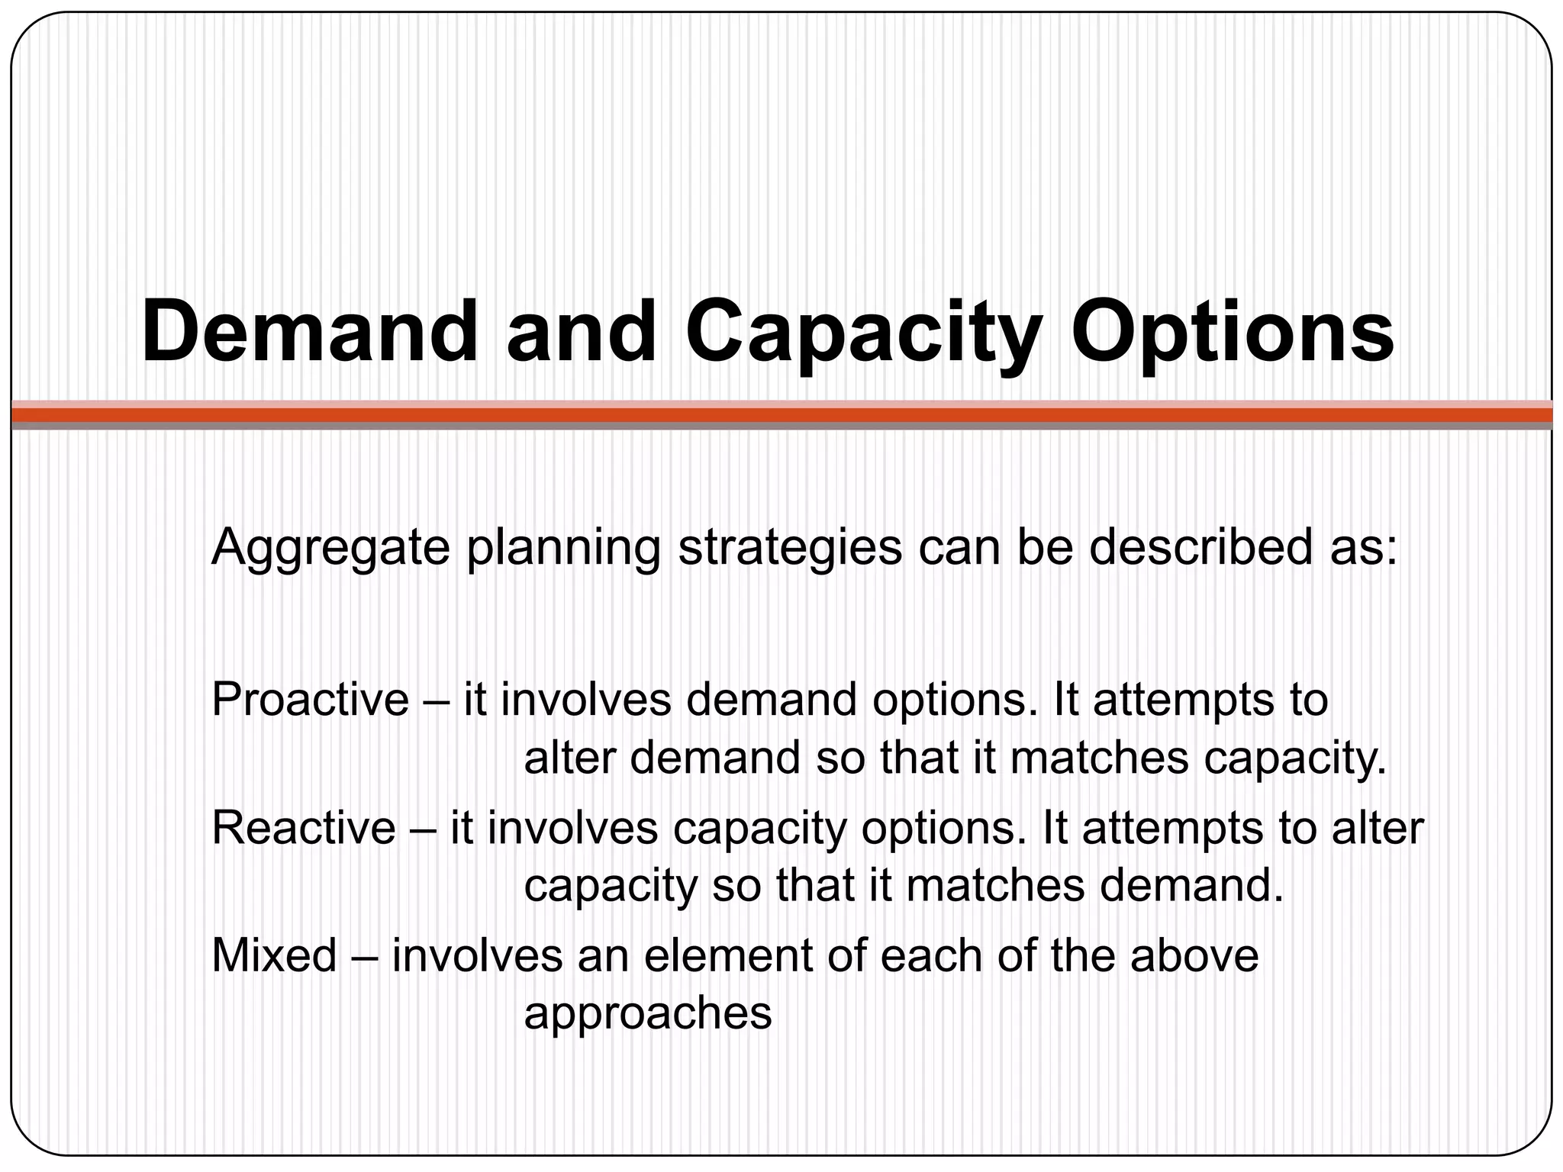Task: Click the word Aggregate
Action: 330,548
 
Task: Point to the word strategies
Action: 790,548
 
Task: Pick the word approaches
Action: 648,1014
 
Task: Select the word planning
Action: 563,548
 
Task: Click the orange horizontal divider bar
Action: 781,414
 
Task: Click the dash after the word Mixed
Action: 364,956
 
